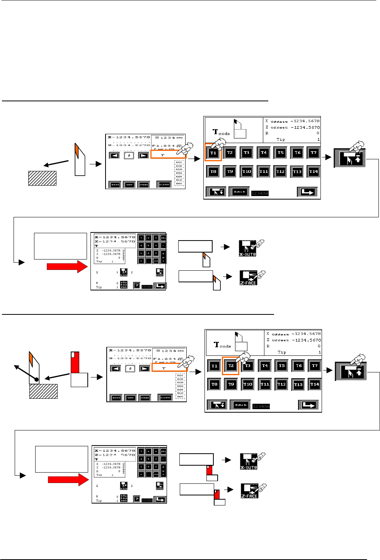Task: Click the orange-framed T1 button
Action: (x=213, y=153)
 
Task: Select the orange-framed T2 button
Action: (x=231, y=366)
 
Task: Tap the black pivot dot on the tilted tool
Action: (x=36, y=379)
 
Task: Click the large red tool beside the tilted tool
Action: (x=75, y=363)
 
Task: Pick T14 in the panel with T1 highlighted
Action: (x=314, y=171)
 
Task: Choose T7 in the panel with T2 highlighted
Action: (x=315, y=365)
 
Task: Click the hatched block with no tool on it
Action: (x=42, y=178)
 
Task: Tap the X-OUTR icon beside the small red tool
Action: (x=249, y=461)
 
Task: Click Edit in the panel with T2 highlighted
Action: (x=240, y=405)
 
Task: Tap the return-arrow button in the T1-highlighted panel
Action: (x=307, y=192)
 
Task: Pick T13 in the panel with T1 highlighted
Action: (x=297, y=171)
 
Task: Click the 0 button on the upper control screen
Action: (x=129, y=155)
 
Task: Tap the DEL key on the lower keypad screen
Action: (x=163, y=451)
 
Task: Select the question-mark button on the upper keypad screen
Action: (x=136, y=285)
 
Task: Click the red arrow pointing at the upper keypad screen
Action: (x=67, y=266)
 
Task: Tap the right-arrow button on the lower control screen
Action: (x=145, y=369)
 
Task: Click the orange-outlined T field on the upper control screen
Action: (x=168, y=155)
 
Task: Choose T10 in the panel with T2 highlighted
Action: (x=248, y=384)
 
